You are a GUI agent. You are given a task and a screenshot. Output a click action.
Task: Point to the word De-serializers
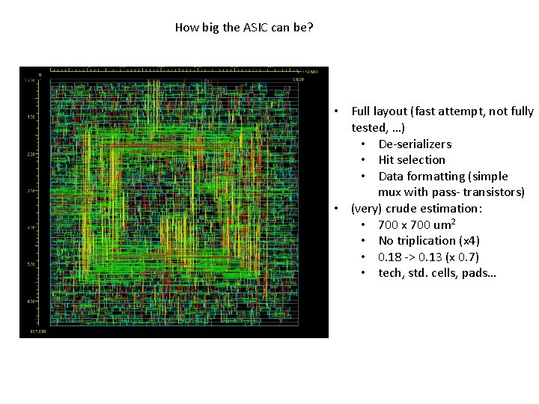tap(415, 144)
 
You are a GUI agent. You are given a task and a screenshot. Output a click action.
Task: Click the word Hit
tap(387, 160)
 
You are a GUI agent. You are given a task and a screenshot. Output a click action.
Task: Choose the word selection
tap(422, 160)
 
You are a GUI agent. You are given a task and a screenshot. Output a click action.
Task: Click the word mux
tap(391, 192)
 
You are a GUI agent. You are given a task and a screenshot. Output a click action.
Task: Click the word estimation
tap(448, 209)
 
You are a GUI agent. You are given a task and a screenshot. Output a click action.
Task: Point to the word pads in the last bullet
tap(480, 273)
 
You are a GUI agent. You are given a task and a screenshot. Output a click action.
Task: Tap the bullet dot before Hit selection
tap(362, 160)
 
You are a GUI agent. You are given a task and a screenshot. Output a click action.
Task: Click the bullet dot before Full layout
tap(338, 111)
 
